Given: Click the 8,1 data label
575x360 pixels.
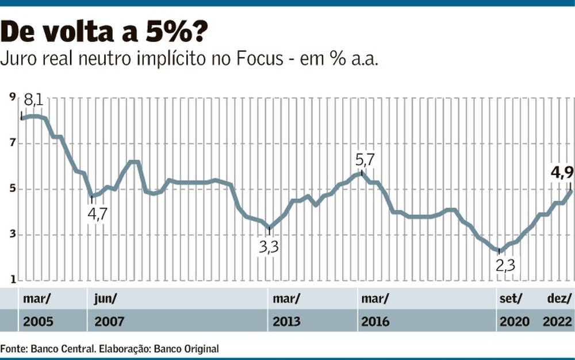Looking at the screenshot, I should (34, 102).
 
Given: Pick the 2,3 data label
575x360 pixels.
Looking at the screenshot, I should (505, 266).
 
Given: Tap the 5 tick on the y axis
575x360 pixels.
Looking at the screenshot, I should (12, 189).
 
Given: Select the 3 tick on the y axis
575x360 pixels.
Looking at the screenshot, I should (12, 235).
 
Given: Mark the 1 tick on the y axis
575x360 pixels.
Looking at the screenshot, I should (12, 281).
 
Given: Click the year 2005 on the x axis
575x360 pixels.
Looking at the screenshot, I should (38, 321).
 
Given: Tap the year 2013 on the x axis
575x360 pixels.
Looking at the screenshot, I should (286, 321).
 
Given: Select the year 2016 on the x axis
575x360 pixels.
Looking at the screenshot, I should (375, 321).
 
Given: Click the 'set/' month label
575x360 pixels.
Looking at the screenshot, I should (510, 298).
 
